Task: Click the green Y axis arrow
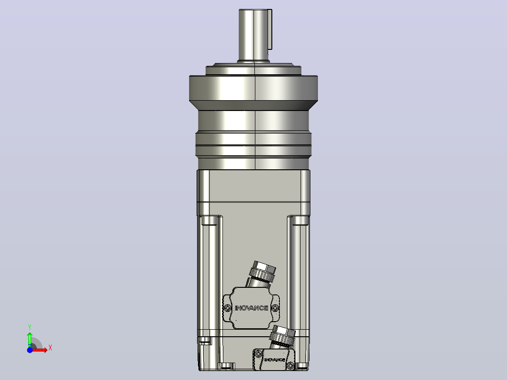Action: click(x=30, y=339)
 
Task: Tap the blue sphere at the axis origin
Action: click(x=30, y=350)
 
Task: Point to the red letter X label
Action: click(x=50, y=348)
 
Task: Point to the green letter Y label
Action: click(x=30, y=327)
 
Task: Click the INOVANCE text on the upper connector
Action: click(x=252, y=308)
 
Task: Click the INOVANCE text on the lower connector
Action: click(x=275, y=360)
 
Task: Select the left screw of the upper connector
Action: click(x=228, y=308)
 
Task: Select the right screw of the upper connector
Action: click(x=275, y=307)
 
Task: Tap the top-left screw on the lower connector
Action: click(x=258, y=354)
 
